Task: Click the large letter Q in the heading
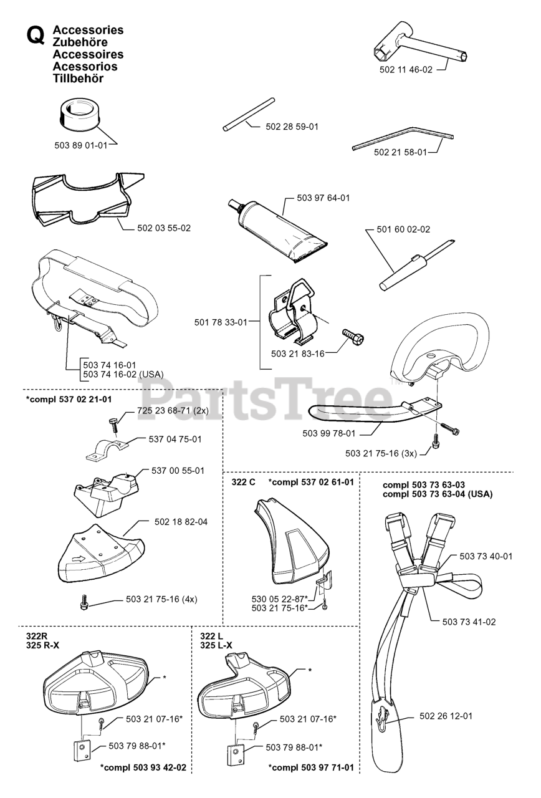point(35,36)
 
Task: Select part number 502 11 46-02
point(406,70)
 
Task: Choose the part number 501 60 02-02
point(403,229)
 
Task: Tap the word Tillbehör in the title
point(79,79)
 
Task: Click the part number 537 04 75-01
point(175,440)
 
